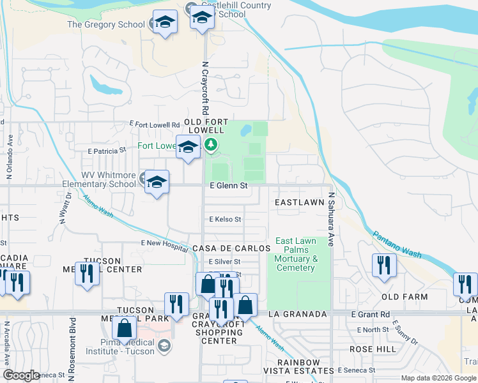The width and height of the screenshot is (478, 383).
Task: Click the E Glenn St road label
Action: [x=228, y=186]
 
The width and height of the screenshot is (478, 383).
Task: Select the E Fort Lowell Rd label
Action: [x=155, y=124]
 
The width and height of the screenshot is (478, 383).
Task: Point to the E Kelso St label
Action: [x=225, y=219]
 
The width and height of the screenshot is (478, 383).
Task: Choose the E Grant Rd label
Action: [x=371, y=315]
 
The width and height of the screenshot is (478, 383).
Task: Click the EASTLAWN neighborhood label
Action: [x=299, y=202]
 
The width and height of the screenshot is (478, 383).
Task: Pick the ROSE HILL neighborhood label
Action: [x=369, y=350]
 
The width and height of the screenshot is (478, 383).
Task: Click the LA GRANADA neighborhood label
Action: [x=298, y=315]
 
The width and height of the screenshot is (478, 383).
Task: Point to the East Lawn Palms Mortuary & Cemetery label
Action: [x=297, y=254]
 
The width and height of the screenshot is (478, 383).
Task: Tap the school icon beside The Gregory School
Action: [x=165, y=24]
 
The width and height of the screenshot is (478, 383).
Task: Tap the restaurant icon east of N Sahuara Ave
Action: [x=384, y=264]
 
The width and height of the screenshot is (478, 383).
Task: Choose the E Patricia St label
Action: [x=107, y=151]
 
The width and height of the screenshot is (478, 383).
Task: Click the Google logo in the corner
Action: [x=22, y=375]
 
